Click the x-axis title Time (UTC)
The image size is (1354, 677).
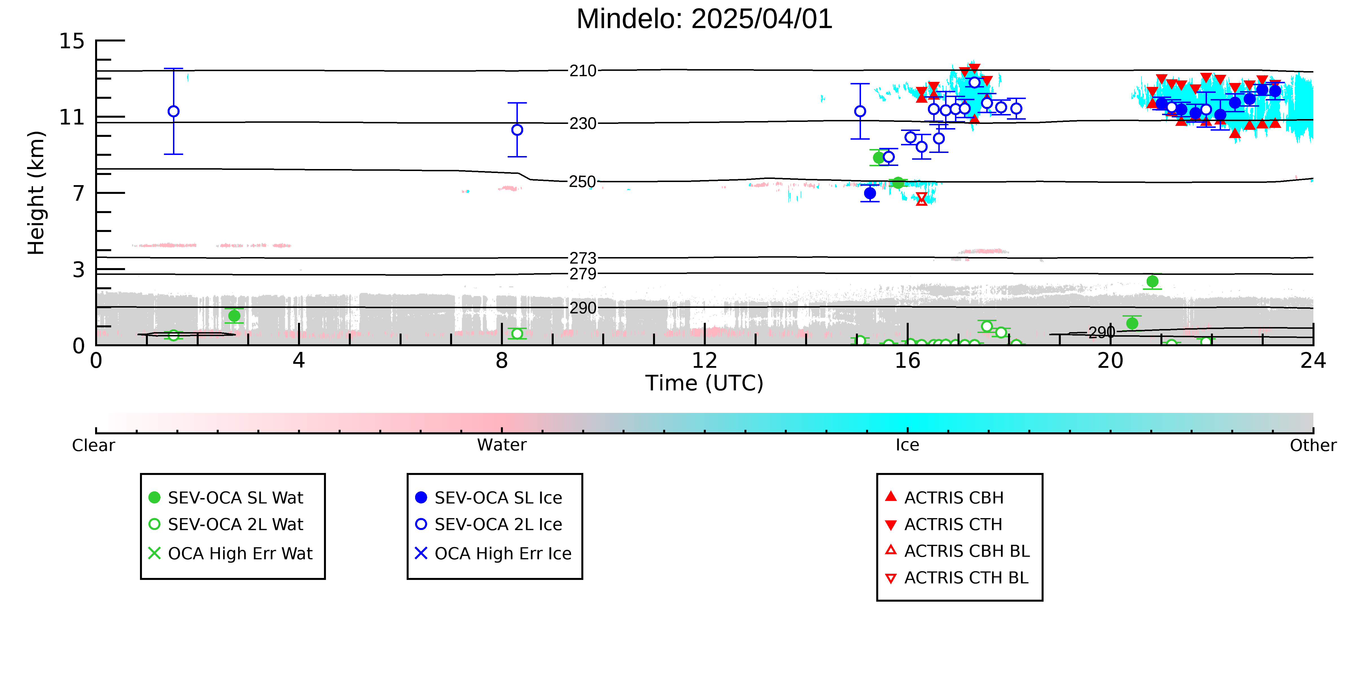(x=704, y=383)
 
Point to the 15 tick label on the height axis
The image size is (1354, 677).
(x=71, y=41)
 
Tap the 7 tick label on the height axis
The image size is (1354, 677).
(x=79, y=193)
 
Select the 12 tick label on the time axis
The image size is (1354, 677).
(x=704, y=361)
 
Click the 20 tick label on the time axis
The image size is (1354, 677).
(x=1110, y=361)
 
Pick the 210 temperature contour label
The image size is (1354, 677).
(x=583, y=71)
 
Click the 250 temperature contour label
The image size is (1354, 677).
(x=583, y=182)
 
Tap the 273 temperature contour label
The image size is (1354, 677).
(x=583, y=258)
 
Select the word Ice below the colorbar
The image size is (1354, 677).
(x=907, y=445)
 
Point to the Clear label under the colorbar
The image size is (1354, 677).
(x=94, y=445)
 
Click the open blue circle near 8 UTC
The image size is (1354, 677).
(x=517, y=130)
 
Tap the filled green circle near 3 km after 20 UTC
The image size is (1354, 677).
(x=1152, y=281)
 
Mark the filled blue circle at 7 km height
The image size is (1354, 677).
(x=870, y=193)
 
